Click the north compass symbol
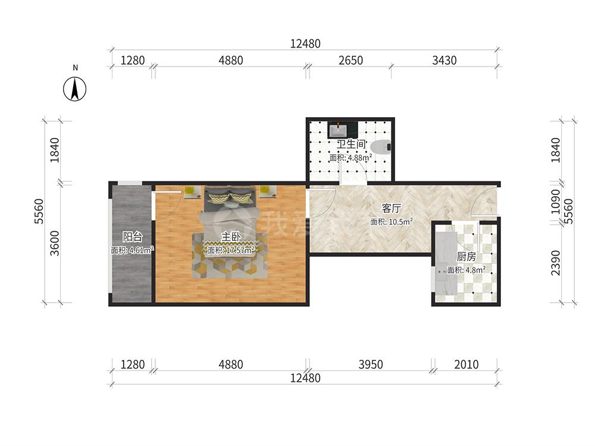(75, 89)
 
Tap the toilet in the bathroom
(381, 147)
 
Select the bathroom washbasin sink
(337, 130)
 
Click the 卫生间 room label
(350, 145)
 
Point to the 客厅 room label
(392, 208)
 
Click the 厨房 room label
(466, 257)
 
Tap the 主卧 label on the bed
(231, 237)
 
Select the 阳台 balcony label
(132, 237)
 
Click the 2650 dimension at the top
(350, 60)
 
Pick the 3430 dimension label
(444, 60)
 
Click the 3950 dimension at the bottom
(370, 365)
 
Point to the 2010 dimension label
(466, 365)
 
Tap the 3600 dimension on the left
(55, 243)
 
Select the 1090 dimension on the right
(556, 202)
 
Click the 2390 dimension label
(556, 263)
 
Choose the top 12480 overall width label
(305, 43)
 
